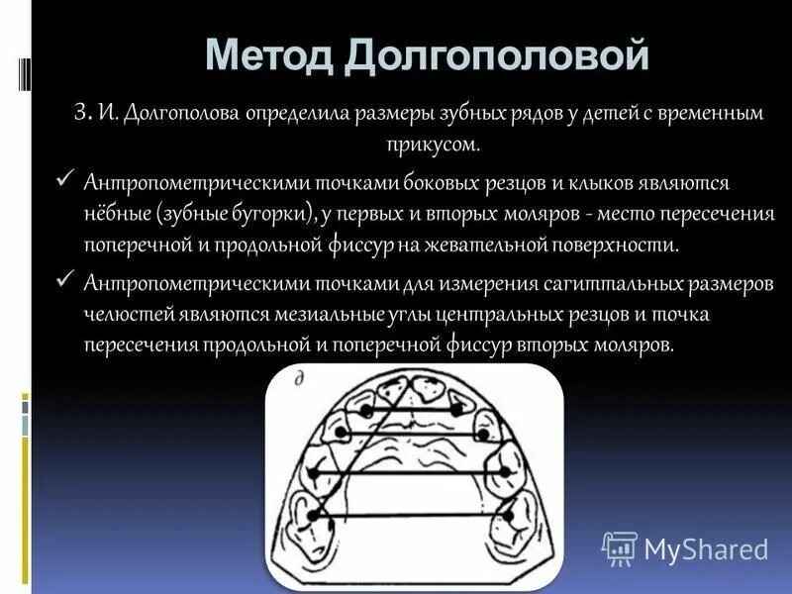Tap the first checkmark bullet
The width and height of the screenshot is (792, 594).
pyautogui.click(x=66, y=179)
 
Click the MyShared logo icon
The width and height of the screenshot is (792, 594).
pyautogui.click(x=620, y=547)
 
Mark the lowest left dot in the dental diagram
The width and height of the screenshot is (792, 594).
pyautogui.click(x=313, y=514)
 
